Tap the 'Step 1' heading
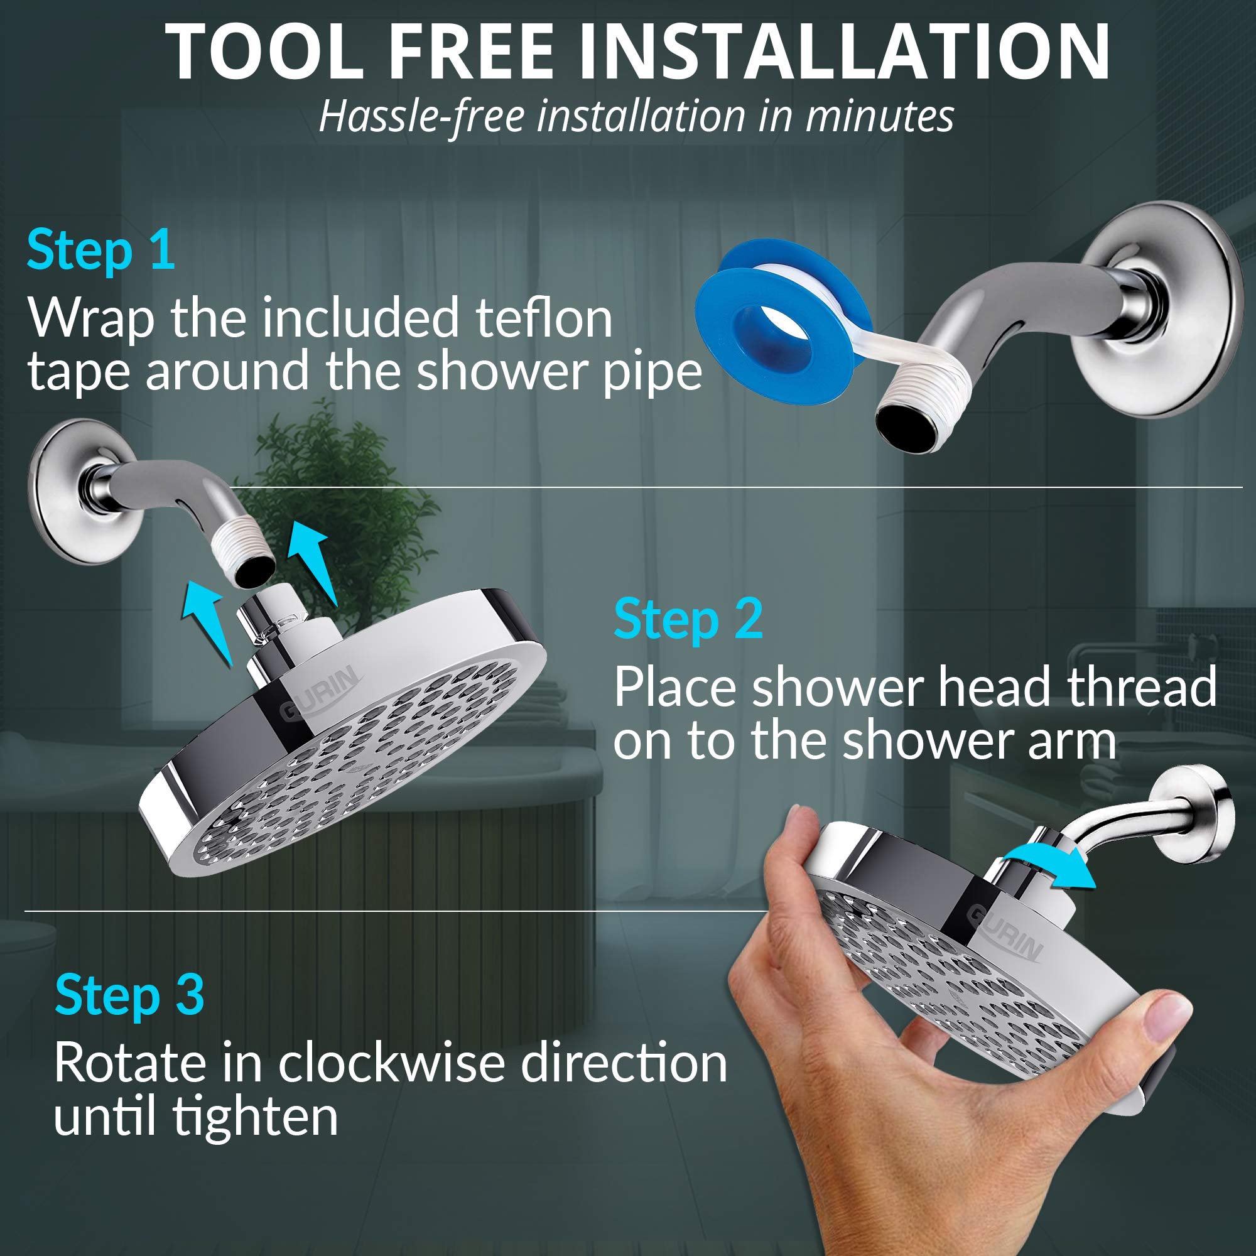point(101,251)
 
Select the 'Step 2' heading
point(688,619)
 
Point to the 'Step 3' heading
point(129,995)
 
